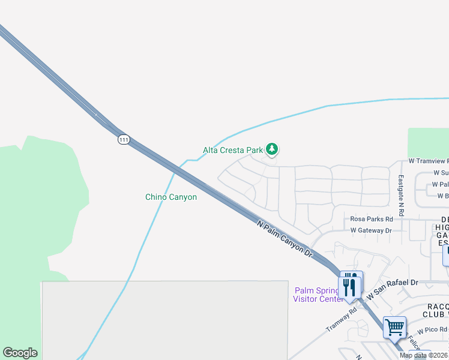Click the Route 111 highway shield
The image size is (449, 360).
pos(124,139)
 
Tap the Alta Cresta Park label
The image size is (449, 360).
pos(233,150)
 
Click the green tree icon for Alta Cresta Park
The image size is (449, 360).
pos(273,148)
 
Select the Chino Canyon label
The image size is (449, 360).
pos(171,197)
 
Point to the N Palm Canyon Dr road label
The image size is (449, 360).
pos(285,239)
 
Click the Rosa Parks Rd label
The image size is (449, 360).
pos(372,219)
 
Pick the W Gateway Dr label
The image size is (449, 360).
pos(371,230)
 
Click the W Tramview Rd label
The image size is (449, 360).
pos(428,161)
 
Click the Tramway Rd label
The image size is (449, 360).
pos(341,317)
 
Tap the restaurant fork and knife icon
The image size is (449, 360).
pos(350,284)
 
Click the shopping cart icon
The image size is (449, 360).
pos(394,328)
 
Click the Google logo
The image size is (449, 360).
pos(20,353)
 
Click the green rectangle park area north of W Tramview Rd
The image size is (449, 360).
pos(428,142)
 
